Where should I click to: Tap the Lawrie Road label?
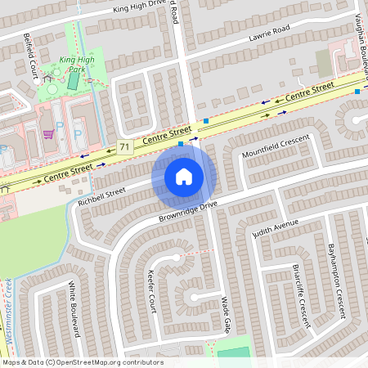tap(270, 34)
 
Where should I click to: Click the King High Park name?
tap(78, 65)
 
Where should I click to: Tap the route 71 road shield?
tap(124, 147)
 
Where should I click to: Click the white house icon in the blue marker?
tap(184, 177)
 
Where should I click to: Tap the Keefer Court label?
tap(150, 292)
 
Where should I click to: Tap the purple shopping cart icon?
tap(48, 134)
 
